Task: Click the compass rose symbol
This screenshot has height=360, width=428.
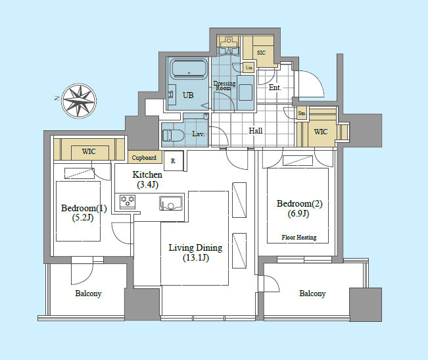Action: [79, 101]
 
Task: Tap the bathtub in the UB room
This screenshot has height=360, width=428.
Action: [189, 69]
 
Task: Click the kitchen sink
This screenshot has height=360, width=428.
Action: [171, 203]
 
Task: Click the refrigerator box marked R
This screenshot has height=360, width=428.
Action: [174, 161]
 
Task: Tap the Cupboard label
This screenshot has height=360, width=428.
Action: [144, 157]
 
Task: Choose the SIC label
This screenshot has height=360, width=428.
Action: [261, 53]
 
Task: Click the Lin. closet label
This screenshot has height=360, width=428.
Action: [249, 68]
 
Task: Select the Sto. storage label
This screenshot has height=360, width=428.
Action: [302, 113]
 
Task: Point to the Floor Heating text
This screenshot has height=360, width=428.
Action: [299, 238]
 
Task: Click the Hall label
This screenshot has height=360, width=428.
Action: [256, 131]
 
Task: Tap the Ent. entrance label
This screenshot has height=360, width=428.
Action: [275, 88]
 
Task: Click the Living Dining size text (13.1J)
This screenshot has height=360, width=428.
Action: [196, 257]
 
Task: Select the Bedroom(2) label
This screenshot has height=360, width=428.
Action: [299, 203]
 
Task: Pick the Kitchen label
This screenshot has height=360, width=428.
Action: [147, 174]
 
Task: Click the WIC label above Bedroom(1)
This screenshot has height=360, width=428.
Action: [89, 151]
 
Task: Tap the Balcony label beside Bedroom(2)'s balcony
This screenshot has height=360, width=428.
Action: [312, 294]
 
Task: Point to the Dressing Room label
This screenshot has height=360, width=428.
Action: [224, 86]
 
